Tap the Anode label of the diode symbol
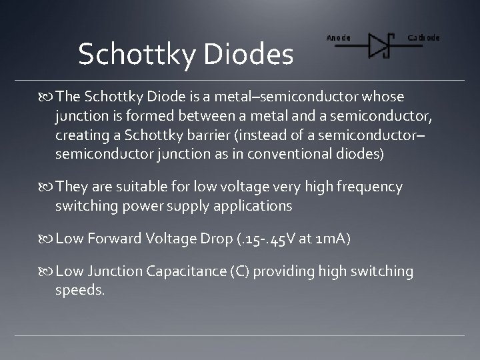(x=338, y=37)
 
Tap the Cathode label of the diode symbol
(x=423, y=37)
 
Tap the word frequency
(x=369, y=187)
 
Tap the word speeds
(x=80, y=291)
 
